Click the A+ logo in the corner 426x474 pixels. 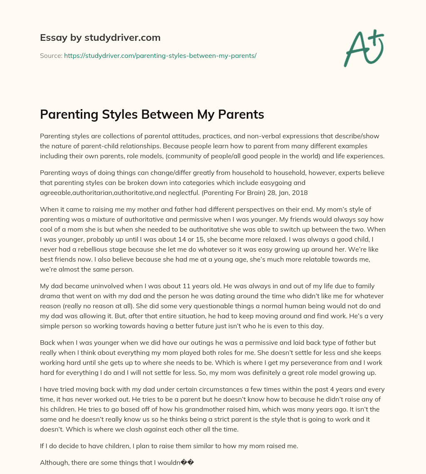click(364, 48)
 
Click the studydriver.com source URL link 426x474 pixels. click(160, 55)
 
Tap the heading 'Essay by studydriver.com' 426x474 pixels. click(100, 37)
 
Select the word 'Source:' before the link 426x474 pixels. click(51, 55)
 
